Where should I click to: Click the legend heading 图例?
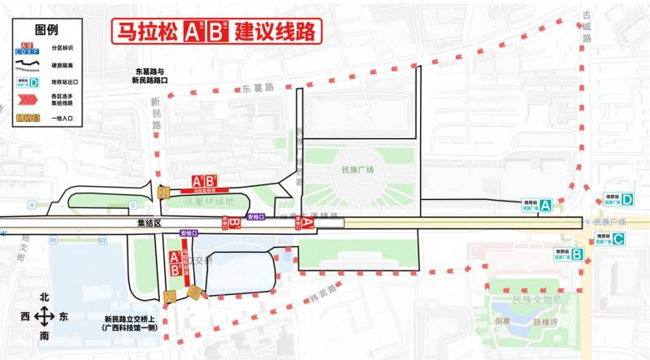point(48,30)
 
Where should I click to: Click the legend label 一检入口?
point(62,119)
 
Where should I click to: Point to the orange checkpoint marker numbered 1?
point(164,193)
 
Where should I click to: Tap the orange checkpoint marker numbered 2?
point(169,297)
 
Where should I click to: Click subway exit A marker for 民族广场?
point(547,206)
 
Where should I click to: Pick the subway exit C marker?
point(619,239)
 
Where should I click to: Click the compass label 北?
point(45,297)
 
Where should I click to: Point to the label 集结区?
point(149,222)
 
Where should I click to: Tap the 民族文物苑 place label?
point(537,300)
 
